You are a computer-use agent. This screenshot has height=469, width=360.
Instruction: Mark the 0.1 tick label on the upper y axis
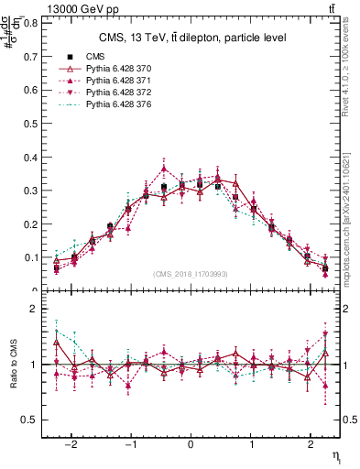click(x=33, y=257)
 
